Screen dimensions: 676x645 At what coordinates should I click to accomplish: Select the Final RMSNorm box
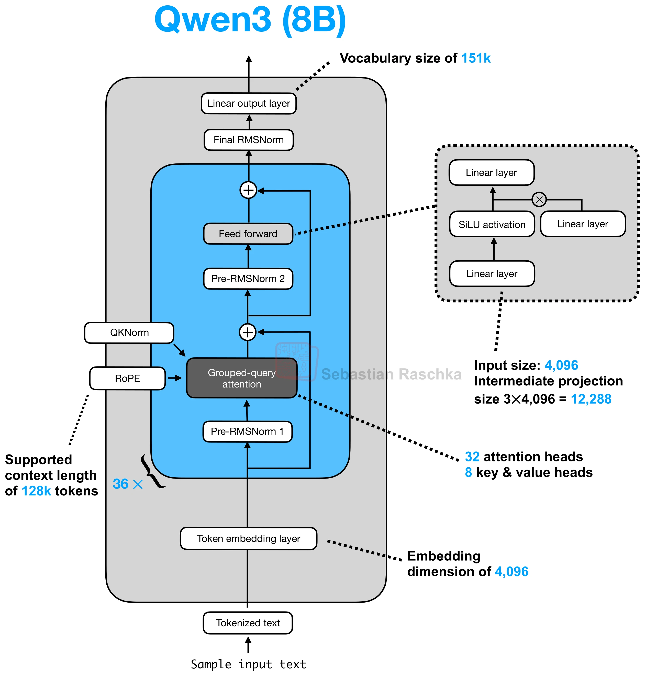[x=249, y=140]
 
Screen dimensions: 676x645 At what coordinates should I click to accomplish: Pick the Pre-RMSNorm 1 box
[x=248, y=431]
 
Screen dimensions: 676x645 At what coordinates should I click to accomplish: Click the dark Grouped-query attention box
[x=242, y=378]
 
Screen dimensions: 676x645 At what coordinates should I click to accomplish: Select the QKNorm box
[x=129, y=333]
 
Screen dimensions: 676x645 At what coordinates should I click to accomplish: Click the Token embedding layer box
[x=248, y=538]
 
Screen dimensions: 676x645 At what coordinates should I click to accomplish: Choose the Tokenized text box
[x=248, y=623]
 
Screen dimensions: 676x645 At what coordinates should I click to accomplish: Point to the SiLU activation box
[x=492, y=224]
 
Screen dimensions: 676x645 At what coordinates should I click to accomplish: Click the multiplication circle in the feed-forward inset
[x=539, y=200]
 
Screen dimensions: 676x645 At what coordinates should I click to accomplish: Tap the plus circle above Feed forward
[x=248, y=190]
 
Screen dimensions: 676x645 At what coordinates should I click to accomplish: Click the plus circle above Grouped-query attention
[x=248, y=332]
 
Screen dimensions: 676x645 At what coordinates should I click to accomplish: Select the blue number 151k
[x=476, y=58]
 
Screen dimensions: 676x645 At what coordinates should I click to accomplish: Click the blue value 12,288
[x=591, y=399]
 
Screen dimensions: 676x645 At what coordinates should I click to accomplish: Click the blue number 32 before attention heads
[x=472, y=457]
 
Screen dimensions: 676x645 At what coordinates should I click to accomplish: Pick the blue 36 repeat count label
[x=121, y=484]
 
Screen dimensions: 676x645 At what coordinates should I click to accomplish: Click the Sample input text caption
[x=248, y=664]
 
